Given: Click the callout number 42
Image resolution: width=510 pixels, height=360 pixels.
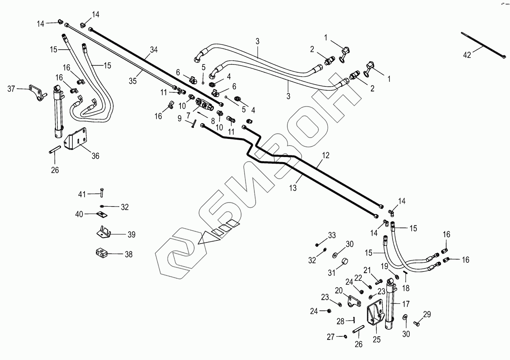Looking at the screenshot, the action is point(467,55).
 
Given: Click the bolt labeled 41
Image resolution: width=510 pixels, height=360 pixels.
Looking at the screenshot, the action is point(102,193).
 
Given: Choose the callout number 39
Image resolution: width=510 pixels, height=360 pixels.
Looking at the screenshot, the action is point(131,234).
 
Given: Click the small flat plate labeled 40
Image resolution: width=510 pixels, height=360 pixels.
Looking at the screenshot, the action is point(102,214).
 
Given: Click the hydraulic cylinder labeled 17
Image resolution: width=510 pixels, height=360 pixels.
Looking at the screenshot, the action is point(391,303).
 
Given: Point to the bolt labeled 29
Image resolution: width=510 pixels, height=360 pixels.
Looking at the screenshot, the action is point(416,323).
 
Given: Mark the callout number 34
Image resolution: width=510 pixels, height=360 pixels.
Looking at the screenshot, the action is point(154,50).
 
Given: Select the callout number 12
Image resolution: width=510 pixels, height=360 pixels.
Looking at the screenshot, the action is point(325,155).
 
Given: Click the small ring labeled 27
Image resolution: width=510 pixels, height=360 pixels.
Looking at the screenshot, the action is point(345,336).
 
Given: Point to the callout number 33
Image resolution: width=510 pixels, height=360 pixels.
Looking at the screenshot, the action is point(332,236).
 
